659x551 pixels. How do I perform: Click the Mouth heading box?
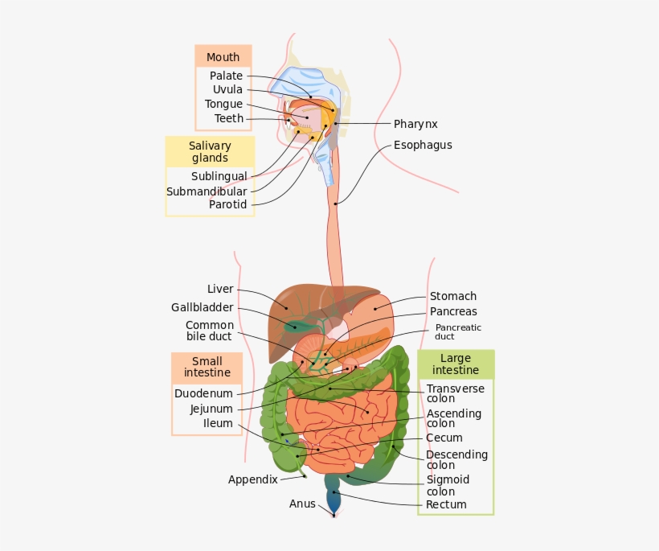tap(223, 57)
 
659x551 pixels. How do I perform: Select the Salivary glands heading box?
tap(210, 152)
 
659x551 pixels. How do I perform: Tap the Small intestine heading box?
tap(207, 367)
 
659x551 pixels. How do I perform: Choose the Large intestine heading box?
tap(455, 364)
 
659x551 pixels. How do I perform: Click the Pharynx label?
tap(415, 124)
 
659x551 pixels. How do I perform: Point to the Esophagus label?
tap(423, 146)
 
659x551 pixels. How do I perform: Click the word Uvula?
tap(227, 90)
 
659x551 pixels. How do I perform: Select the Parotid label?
tap(227, 204)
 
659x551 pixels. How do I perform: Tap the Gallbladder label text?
tap(202, 307)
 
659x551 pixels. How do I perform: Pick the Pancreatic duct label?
tap(458, 331)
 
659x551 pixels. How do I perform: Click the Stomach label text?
tap(452, 296)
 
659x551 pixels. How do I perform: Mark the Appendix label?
tap(252, 479)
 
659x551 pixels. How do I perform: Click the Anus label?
tap(302, 504)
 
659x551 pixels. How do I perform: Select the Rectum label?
tap(446, 504)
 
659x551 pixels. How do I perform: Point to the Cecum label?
tap(444, 438)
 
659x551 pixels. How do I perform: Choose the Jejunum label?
tap(211, 409)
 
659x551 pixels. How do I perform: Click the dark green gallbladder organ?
tap(295, 325)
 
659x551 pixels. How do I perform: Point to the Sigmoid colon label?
tap(447, 485)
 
